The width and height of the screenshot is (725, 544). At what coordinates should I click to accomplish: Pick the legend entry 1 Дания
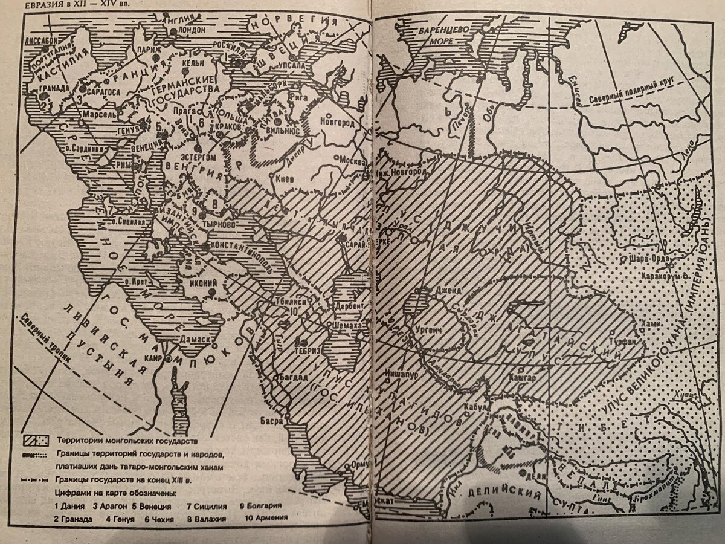click(x=69, y=505)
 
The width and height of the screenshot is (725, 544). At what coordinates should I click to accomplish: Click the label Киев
click(x=285, y=180)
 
